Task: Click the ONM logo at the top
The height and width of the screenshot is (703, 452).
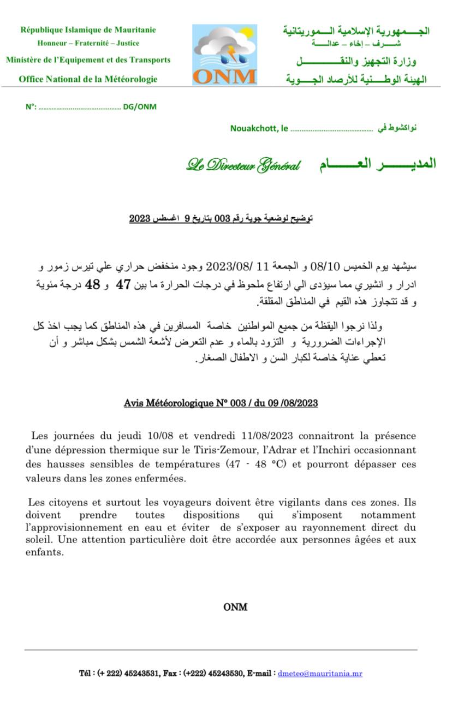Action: click(224, 55)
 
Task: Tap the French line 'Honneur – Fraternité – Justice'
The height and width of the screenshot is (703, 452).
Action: click(88, 43)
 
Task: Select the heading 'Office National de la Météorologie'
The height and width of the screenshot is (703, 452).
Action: click(88, 79)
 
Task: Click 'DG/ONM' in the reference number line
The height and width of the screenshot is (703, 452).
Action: click(140, 107)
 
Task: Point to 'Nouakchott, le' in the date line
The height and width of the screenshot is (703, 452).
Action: click(259, 129)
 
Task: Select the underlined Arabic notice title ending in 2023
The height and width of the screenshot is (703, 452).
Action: click(221, 219)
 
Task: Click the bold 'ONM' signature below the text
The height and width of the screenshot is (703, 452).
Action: click(235, 607)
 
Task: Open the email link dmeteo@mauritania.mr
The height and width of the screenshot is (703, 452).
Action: click(320, 674)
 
